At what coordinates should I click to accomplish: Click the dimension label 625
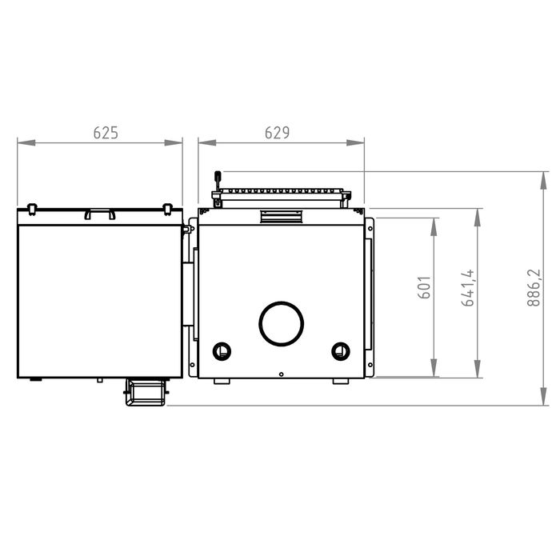tap(106, 134)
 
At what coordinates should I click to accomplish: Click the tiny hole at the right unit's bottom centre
tap(282, 374)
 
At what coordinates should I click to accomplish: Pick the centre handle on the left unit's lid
tap(100, 214)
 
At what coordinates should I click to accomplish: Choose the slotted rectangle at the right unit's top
tap(280, 216)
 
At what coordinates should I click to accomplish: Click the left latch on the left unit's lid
tap(32, 209)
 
